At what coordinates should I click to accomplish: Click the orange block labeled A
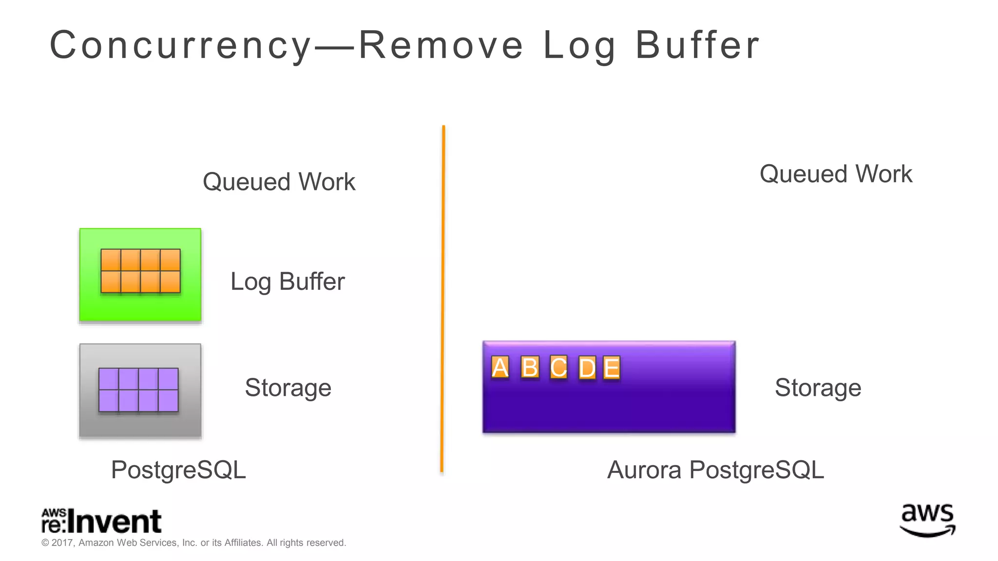(500, 368)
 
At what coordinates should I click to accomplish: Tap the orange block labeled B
(530, 368)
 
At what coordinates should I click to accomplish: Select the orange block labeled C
(558, 368)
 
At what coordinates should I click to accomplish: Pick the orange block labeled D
(587, 368)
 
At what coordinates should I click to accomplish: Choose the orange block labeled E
(612, 368)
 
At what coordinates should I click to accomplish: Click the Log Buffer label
(288, 282)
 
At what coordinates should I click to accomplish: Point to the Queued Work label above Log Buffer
(279, 182)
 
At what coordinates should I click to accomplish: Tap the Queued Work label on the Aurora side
(836, 174)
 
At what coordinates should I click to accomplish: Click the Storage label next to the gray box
(288, 388)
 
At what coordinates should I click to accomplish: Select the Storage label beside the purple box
(818, 388)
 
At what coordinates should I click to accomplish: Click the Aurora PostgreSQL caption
(715, 470)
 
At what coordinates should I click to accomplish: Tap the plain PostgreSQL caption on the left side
(178, 470)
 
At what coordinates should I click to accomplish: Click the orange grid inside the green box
(140, 271)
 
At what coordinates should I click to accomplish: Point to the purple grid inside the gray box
(138, 390)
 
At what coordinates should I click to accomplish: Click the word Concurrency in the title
(180, 45)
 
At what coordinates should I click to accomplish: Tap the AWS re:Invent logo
(101, 521)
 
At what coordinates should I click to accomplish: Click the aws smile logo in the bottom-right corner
(927, 520)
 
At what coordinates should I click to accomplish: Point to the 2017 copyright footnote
(193, 543)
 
